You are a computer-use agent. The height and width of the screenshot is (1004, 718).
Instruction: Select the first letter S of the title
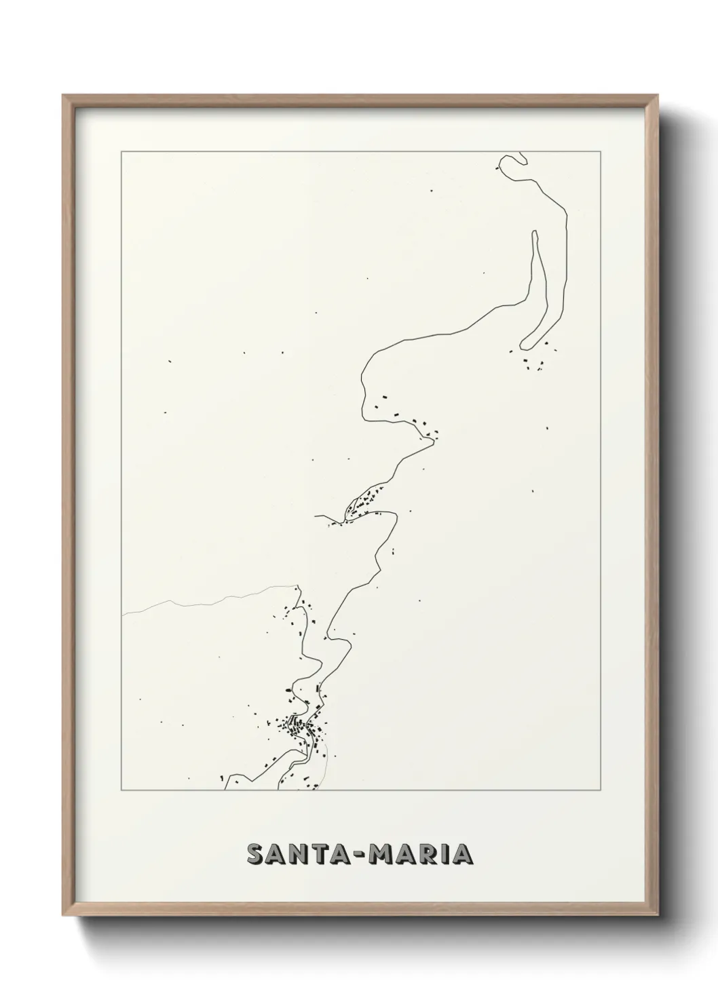(x=254, y=854)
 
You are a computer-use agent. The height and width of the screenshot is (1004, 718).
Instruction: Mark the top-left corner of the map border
(x=121, y=151)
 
